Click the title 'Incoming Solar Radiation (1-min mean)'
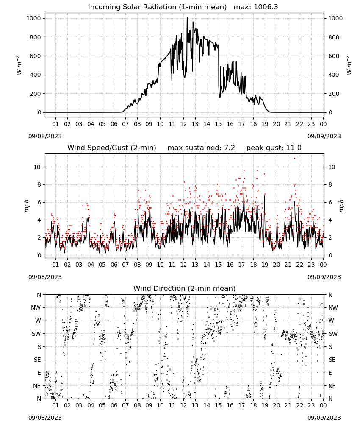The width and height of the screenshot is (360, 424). [x=157, y=7]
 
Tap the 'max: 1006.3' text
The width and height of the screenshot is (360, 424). [x=256, y=7]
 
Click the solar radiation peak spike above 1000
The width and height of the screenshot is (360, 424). [x=187, y=18]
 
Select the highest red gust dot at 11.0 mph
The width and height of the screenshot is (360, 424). [x=294, y=159]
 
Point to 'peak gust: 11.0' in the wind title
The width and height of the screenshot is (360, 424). [x=274, y=148]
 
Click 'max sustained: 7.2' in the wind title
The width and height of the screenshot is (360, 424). [x=201, y=148]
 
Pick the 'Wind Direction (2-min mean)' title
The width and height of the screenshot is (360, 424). [x=185, y=288]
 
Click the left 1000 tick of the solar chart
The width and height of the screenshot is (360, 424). [x=34, y=18]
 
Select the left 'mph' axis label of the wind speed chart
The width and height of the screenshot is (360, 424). [x=26, y=206]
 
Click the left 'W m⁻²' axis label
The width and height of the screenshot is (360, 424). [x=19, y=65]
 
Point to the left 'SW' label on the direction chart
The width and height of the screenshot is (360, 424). [x=36, y=334]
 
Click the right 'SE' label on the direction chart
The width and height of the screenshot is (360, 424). [x=332, y=360]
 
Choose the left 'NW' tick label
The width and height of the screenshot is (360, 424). [x=36, y=307]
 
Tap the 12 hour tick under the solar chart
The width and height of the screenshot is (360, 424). [x=183, y=124]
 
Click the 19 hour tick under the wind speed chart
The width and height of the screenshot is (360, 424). [x=265, y=265]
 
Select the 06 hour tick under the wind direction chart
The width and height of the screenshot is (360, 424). [x=114, y=405]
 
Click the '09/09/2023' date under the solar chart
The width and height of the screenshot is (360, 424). [x=324, y=136]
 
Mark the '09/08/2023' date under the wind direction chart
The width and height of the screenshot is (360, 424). [x=45, y=418]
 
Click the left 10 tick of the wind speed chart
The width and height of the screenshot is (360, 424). [x=37, y=167]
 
